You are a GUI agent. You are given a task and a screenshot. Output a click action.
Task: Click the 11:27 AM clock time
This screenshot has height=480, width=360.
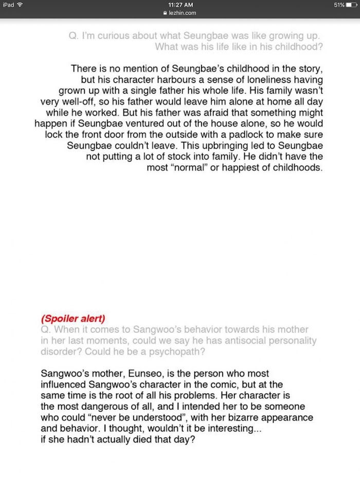[181, 5]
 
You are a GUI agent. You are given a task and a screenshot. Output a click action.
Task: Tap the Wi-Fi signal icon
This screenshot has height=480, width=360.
[20, 5]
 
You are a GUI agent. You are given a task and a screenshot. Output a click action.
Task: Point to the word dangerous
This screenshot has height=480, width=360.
[90, 407]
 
